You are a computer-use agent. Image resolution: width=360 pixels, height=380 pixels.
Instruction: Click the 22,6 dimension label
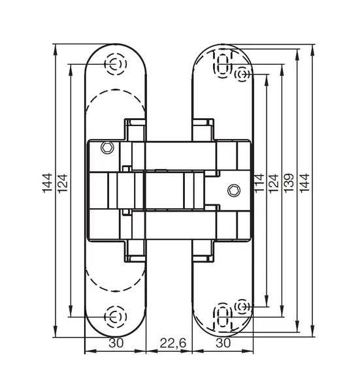point(173,343)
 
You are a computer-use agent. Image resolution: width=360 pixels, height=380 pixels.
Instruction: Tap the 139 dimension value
point(289,183)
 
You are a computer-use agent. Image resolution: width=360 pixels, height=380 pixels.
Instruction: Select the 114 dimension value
point(259,183)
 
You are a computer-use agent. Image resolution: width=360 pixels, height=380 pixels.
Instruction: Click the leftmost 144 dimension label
point(47,183)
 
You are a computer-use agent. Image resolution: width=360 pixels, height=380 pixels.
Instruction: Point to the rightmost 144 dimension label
point(304,183)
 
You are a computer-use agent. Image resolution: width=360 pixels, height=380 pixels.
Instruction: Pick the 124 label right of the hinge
point(273,183)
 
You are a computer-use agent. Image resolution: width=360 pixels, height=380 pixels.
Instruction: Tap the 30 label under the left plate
point(116,343)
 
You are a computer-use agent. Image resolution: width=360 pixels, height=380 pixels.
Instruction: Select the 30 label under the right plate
point(223,343)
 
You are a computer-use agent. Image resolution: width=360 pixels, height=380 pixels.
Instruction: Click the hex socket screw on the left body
point(107,148)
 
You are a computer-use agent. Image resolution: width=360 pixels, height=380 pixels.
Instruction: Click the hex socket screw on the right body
point(234,191)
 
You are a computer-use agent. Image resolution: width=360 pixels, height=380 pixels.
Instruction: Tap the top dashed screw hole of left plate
point(116,64)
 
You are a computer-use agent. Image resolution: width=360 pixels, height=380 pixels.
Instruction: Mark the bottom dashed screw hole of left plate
point(116,317)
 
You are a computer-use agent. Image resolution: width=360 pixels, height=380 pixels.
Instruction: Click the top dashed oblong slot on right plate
point(222,64)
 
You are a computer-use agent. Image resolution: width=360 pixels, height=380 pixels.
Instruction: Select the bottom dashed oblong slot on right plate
point(222,317)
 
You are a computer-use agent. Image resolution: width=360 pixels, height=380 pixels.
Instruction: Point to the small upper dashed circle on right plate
point(242,74)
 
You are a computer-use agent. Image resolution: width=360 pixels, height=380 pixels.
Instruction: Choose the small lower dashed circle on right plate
point(242,307)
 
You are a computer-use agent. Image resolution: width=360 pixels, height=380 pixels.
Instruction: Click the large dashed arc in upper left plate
point(116,90)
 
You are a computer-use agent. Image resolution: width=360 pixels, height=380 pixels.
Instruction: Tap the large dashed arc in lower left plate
point(116,291)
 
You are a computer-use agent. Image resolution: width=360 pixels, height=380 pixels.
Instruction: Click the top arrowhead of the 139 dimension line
point(297,54)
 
